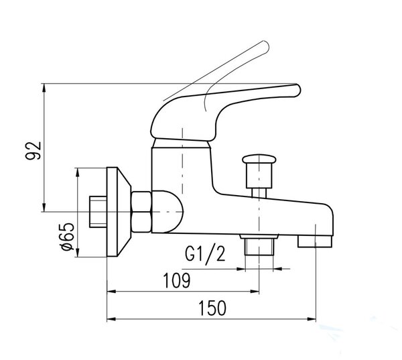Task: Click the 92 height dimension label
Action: [33, 151]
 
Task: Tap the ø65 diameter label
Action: [66, 237]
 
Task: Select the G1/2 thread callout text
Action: [205, 254]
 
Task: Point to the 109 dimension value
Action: [177, 280]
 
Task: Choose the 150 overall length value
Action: [212, 308]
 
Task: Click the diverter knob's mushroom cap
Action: [259, 159]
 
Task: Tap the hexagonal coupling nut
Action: [141, 212]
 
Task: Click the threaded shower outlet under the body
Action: [259, 245]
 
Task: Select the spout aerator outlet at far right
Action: [315, 242]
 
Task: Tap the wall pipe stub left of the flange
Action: [98, 212]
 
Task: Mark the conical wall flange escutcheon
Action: [119, 212]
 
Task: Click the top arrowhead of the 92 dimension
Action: [44, 87]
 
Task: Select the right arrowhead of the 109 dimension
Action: [255, 291]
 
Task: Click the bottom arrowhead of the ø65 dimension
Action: [78, 253]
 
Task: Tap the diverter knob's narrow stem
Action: [259, 193]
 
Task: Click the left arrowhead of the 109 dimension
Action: [111, 291]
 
